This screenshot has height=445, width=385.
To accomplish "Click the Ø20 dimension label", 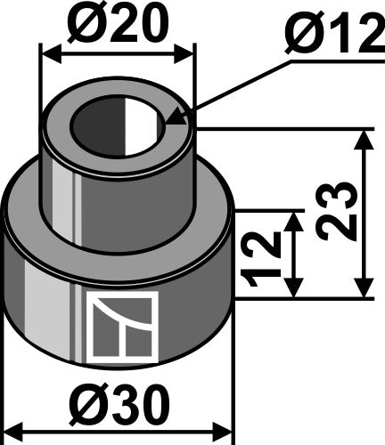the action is tap(119, 26).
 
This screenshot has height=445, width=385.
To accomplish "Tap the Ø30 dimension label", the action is tap(119, 406).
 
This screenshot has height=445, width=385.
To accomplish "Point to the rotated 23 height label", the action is tap(336, 211).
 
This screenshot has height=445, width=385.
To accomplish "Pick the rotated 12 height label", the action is tap(260, 258).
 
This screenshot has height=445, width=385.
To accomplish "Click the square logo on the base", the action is tap(122, 328).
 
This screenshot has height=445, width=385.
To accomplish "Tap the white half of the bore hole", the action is tap(142, 126).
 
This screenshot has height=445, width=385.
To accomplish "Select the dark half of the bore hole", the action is tap(100, 126).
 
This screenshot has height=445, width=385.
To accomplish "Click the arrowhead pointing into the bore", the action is tap(174, 118).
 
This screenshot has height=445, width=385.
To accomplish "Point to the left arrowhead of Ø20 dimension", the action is tap(52, 54).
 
